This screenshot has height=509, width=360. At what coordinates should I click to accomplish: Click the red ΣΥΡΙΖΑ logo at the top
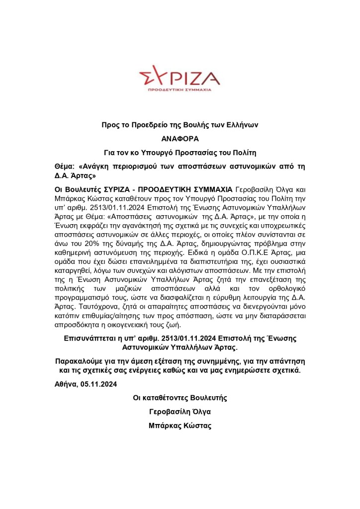[180, 77]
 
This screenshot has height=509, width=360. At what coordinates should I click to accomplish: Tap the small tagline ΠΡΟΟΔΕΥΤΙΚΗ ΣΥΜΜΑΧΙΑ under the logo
[180, 90]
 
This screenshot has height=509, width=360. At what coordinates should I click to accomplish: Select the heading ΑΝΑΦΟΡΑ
[180, 139]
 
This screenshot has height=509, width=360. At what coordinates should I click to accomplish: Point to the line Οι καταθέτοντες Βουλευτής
[180, 398]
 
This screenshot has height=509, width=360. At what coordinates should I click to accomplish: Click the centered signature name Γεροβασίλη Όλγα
[180, 412]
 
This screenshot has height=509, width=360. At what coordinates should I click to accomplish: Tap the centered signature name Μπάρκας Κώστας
[180, 426]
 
